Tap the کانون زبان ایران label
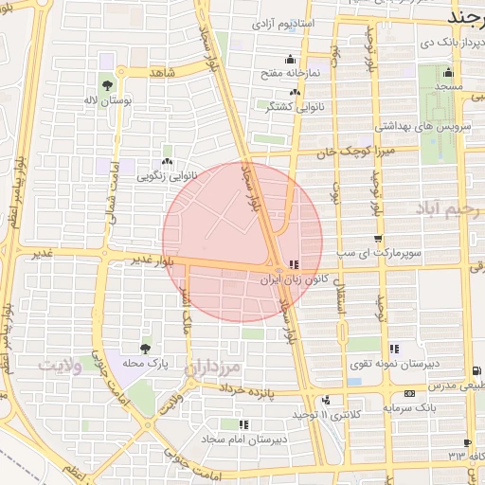(294, 280)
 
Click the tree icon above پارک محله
(145, 350)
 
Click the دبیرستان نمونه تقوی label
(365, 364)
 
